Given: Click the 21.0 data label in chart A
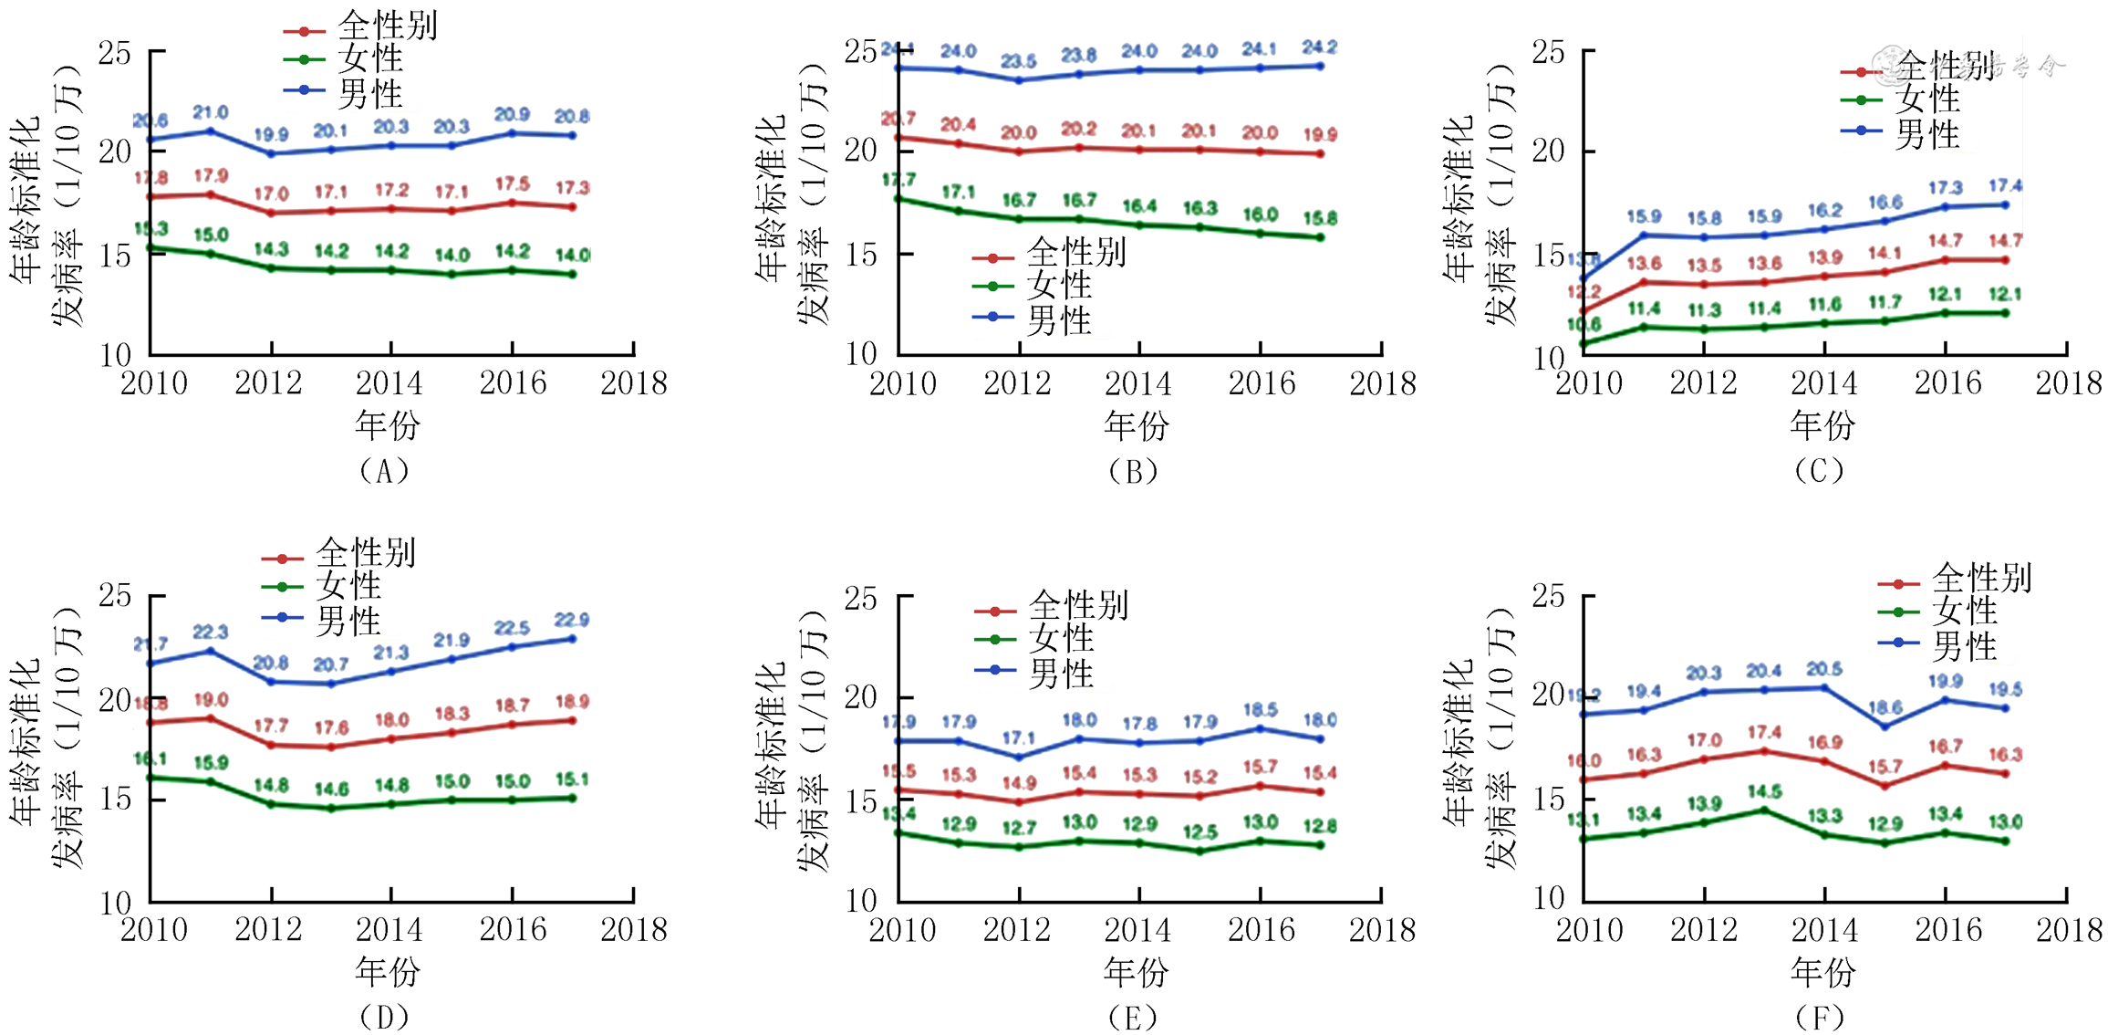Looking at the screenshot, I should click(211, 112).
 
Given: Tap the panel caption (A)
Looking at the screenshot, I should click(384, 471).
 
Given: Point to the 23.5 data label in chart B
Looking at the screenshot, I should click(1018, 61).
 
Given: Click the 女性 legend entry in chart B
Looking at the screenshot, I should click(1058, 286).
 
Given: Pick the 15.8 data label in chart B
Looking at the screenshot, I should click(1320, 218).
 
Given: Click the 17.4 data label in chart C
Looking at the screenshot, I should click(2005, 185).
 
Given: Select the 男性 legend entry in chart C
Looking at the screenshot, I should click(1926, 134).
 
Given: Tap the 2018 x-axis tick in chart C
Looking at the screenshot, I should click(2068, 383).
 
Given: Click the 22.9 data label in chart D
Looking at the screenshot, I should click(572, 620).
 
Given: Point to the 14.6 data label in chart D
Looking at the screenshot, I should click(331, 789).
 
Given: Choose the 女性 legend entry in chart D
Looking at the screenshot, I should click(348, 586).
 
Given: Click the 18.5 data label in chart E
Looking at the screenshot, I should click(1260, 709).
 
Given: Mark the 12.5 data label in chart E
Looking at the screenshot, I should click(1199, 831).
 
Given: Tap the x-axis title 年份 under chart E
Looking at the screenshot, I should click(1136, 972).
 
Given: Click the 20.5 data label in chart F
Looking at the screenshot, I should click(1824, 669).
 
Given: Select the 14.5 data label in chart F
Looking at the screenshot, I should click(1764, 791).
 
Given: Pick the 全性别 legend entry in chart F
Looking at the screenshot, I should click(1980, 579).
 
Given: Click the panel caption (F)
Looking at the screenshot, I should click(1819, 1017).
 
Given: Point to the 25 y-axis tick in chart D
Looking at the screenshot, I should click(116, 596).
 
